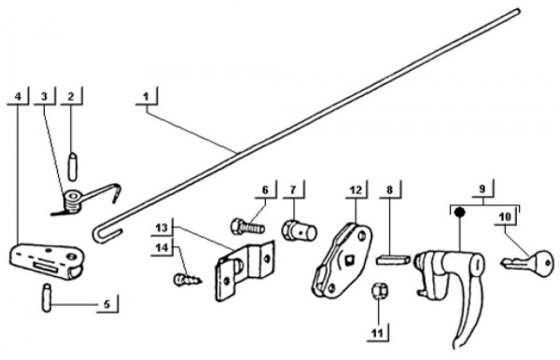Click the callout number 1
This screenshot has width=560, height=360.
click(146, 97)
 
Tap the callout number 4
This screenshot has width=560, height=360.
click(18, 96)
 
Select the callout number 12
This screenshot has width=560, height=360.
click(356, 190)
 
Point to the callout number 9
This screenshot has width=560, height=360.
click(483, 188)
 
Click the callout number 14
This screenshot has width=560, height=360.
click(162, 247)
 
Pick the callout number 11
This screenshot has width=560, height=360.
click(377, 333)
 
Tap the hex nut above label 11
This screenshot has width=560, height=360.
click(380, 292)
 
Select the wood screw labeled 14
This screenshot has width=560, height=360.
click(188, 280)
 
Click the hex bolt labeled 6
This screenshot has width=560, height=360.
click(248, 227)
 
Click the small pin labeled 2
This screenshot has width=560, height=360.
click(73, 166)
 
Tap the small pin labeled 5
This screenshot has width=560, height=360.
click(47, 298)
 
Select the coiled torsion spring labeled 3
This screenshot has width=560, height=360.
click(73, 200)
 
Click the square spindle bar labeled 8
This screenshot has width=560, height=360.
click(393, 259)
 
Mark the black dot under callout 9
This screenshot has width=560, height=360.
click(459, 213)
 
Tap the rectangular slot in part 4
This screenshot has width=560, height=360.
click(46, 266)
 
